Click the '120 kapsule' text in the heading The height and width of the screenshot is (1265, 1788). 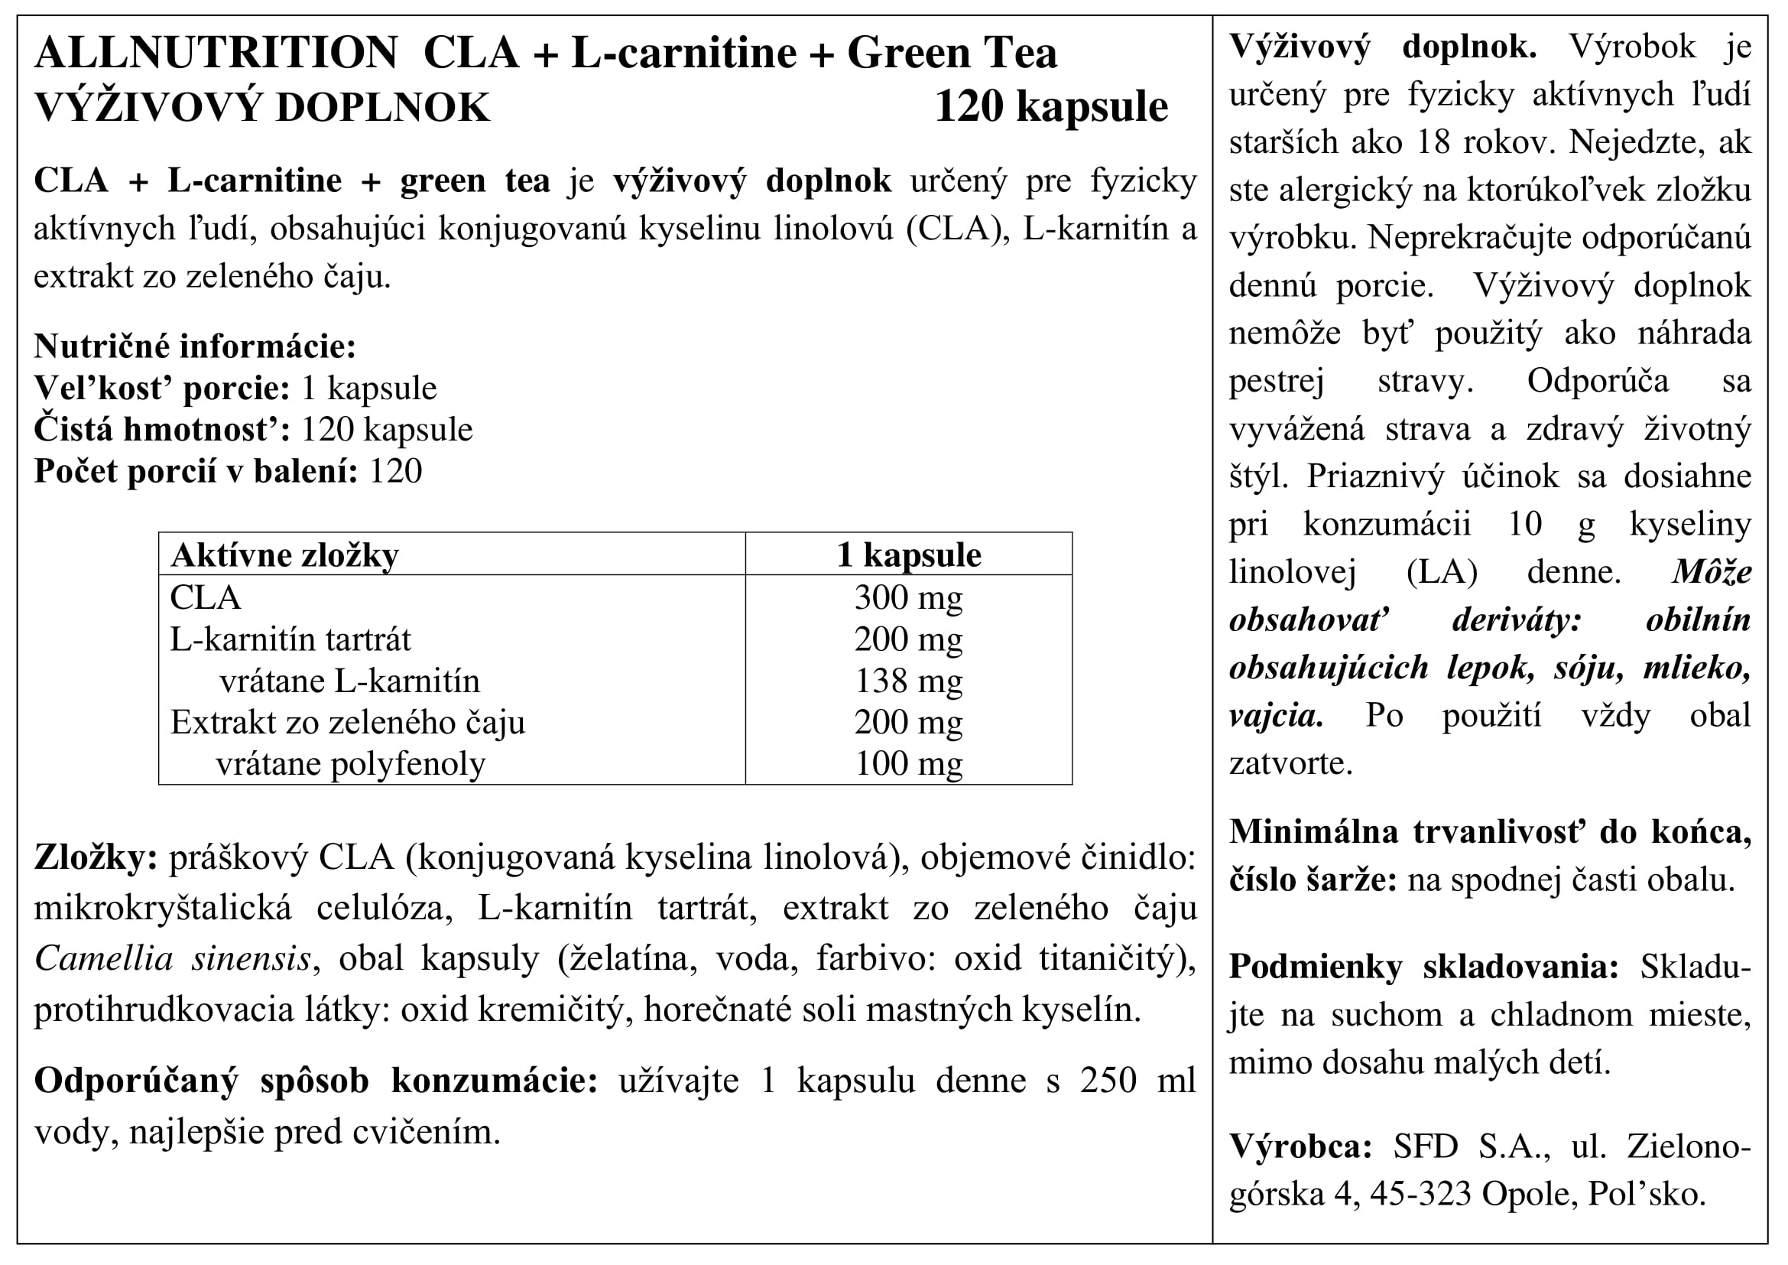(1050, 108)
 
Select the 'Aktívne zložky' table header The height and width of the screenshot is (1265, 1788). (284, 555)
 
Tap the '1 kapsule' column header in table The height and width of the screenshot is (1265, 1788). (908, 555)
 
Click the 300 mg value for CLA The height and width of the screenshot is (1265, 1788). (908, 597)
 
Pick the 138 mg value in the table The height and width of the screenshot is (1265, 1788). (908, 681)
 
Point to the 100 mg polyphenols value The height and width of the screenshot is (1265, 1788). (908, 764)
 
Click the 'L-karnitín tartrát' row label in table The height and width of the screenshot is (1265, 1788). (290, 639)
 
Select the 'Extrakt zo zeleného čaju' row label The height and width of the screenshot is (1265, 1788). (347, 723)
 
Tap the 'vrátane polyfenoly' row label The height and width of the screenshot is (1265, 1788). (350, 764)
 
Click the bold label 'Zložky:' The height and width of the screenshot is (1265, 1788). (96, 858)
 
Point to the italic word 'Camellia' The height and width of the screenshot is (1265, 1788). (103, 959)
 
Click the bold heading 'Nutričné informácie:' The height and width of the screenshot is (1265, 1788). (195, 346)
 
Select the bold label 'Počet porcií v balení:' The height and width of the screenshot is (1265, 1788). (196, 471)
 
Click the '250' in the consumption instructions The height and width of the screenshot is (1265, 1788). (1108, 1081)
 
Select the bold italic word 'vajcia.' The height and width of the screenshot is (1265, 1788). (1276, 715)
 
